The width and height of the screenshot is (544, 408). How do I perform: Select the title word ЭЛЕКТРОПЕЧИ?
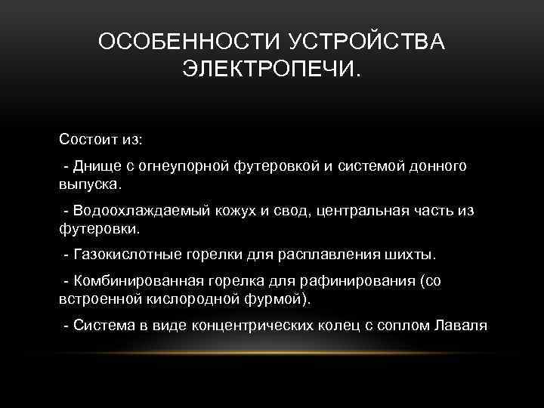[271, 71]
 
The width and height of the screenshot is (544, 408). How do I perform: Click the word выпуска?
[88, 184]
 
